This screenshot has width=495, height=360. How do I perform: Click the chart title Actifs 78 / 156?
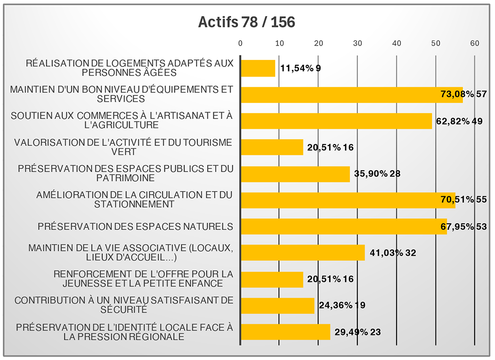[246, 22]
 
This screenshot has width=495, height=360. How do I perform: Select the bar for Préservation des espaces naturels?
[344, 226]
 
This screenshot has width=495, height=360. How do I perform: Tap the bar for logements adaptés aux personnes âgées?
[257, 68]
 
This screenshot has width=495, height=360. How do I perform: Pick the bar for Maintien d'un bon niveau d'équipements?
[351, 94]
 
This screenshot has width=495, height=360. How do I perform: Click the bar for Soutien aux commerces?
[336, 121]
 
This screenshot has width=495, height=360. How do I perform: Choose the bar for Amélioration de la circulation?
[347, 200]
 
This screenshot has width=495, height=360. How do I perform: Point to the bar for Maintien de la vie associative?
[302, 253]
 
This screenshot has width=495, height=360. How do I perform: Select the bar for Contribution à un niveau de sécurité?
[277, 305]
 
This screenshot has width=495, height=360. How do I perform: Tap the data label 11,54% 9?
[300, 68]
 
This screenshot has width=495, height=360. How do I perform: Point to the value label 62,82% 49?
[459, 121]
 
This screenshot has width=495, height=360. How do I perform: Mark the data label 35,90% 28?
[377, 174]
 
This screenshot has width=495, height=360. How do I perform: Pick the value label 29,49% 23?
[357, 332]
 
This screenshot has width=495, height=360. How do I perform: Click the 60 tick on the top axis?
[475, 44]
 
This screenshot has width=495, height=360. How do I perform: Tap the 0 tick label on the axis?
[241, 44]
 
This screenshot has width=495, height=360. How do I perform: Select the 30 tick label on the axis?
[357, 44]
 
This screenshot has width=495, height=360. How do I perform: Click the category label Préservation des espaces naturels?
[135, 226]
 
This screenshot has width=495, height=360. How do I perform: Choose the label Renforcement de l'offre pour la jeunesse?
[143, 279]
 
